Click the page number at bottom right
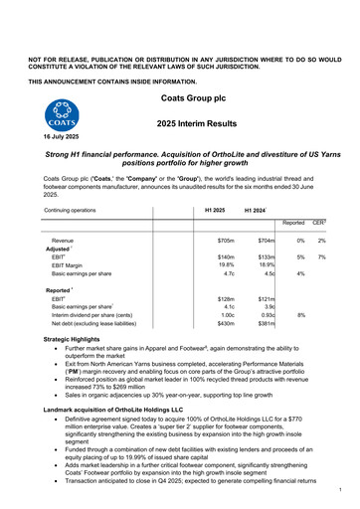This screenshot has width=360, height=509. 339,489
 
